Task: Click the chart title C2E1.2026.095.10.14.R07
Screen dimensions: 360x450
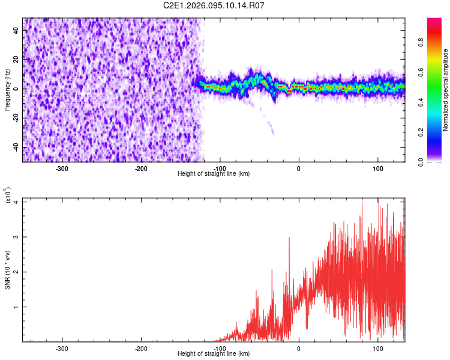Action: pos(214,5)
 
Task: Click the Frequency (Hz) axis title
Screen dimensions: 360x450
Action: pos(7,90)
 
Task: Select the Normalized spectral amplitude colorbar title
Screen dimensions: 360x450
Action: pos(446,90)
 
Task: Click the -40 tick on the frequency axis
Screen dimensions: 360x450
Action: pos(15,148)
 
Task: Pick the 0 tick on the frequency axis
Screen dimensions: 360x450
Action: pos(18,89)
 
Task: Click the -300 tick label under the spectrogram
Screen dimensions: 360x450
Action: pos(62,168)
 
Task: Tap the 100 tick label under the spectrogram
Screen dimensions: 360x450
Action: pos(378,168)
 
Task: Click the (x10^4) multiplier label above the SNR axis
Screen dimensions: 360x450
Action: pos(8,196)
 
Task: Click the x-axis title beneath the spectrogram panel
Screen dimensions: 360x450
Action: pos(214,174)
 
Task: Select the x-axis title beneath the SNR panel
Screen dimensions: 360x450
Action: pos(214,354)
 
